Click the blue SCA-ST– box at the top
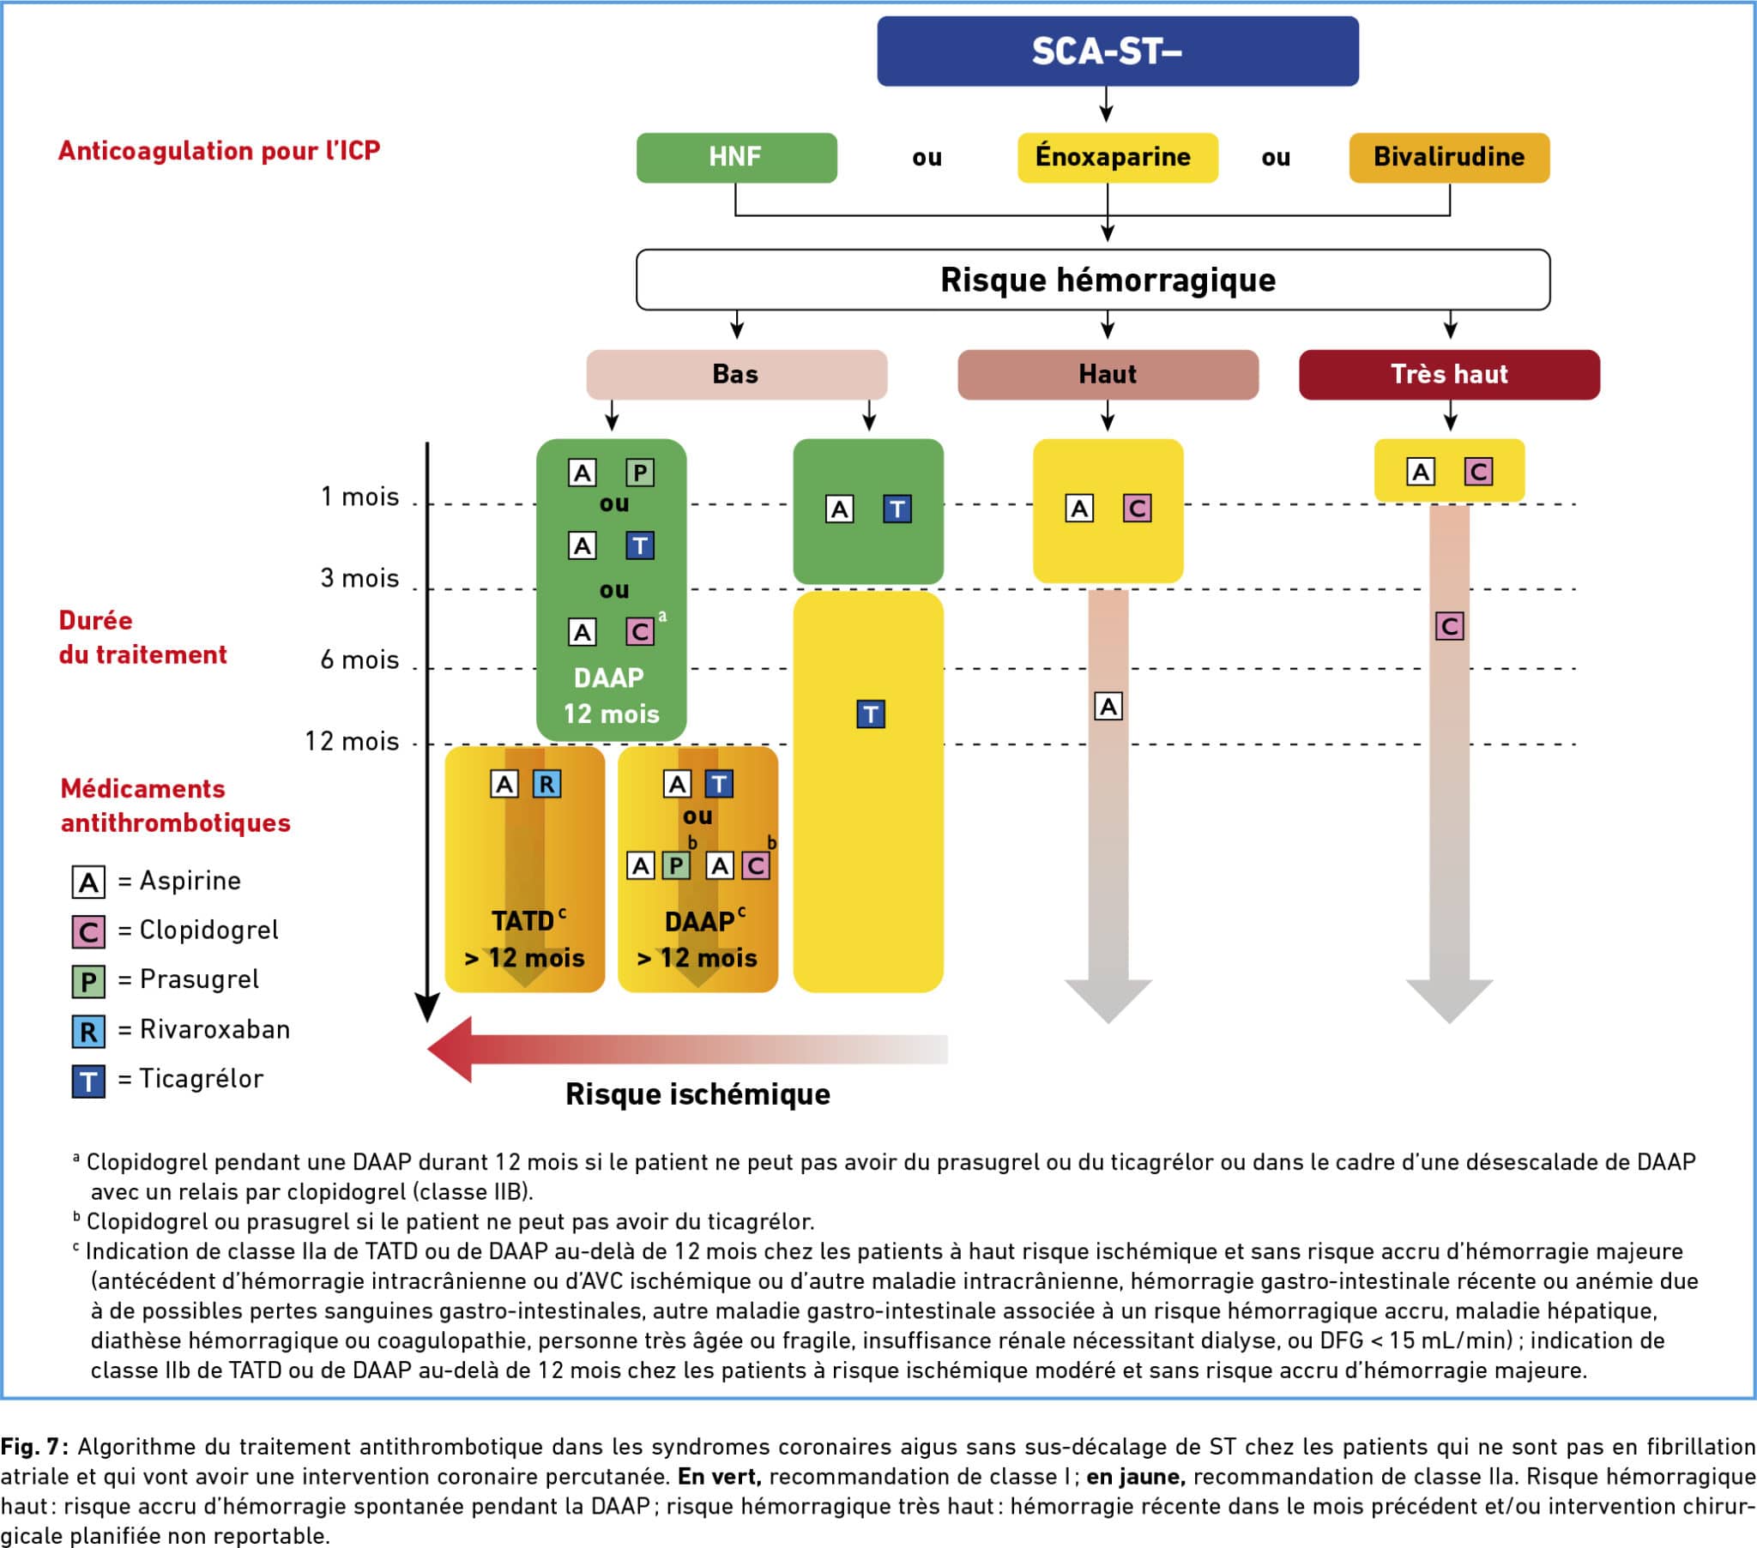1117,51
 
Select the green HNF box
736,157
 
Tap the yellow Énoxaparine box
1117,157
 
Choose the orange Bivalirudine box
1448,157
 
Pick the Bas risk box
736,375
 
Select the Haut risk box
1108,375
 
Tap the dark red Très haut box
1448,375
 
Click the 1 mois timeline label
359,497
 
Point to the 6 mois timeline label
359,660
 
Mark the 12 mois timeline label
352,741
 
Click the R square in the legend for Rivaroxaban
88,1032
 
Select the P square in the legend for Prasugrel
88,982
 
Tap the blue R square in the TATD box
546,784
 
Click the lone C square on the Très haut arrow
1449,627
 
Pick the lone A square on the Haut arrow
1108,707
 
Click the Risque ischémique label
697,1094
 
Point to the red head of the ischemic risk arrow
451,1049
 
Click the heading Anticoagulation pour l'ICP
219,151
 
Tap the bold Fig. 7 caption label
34,1447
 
